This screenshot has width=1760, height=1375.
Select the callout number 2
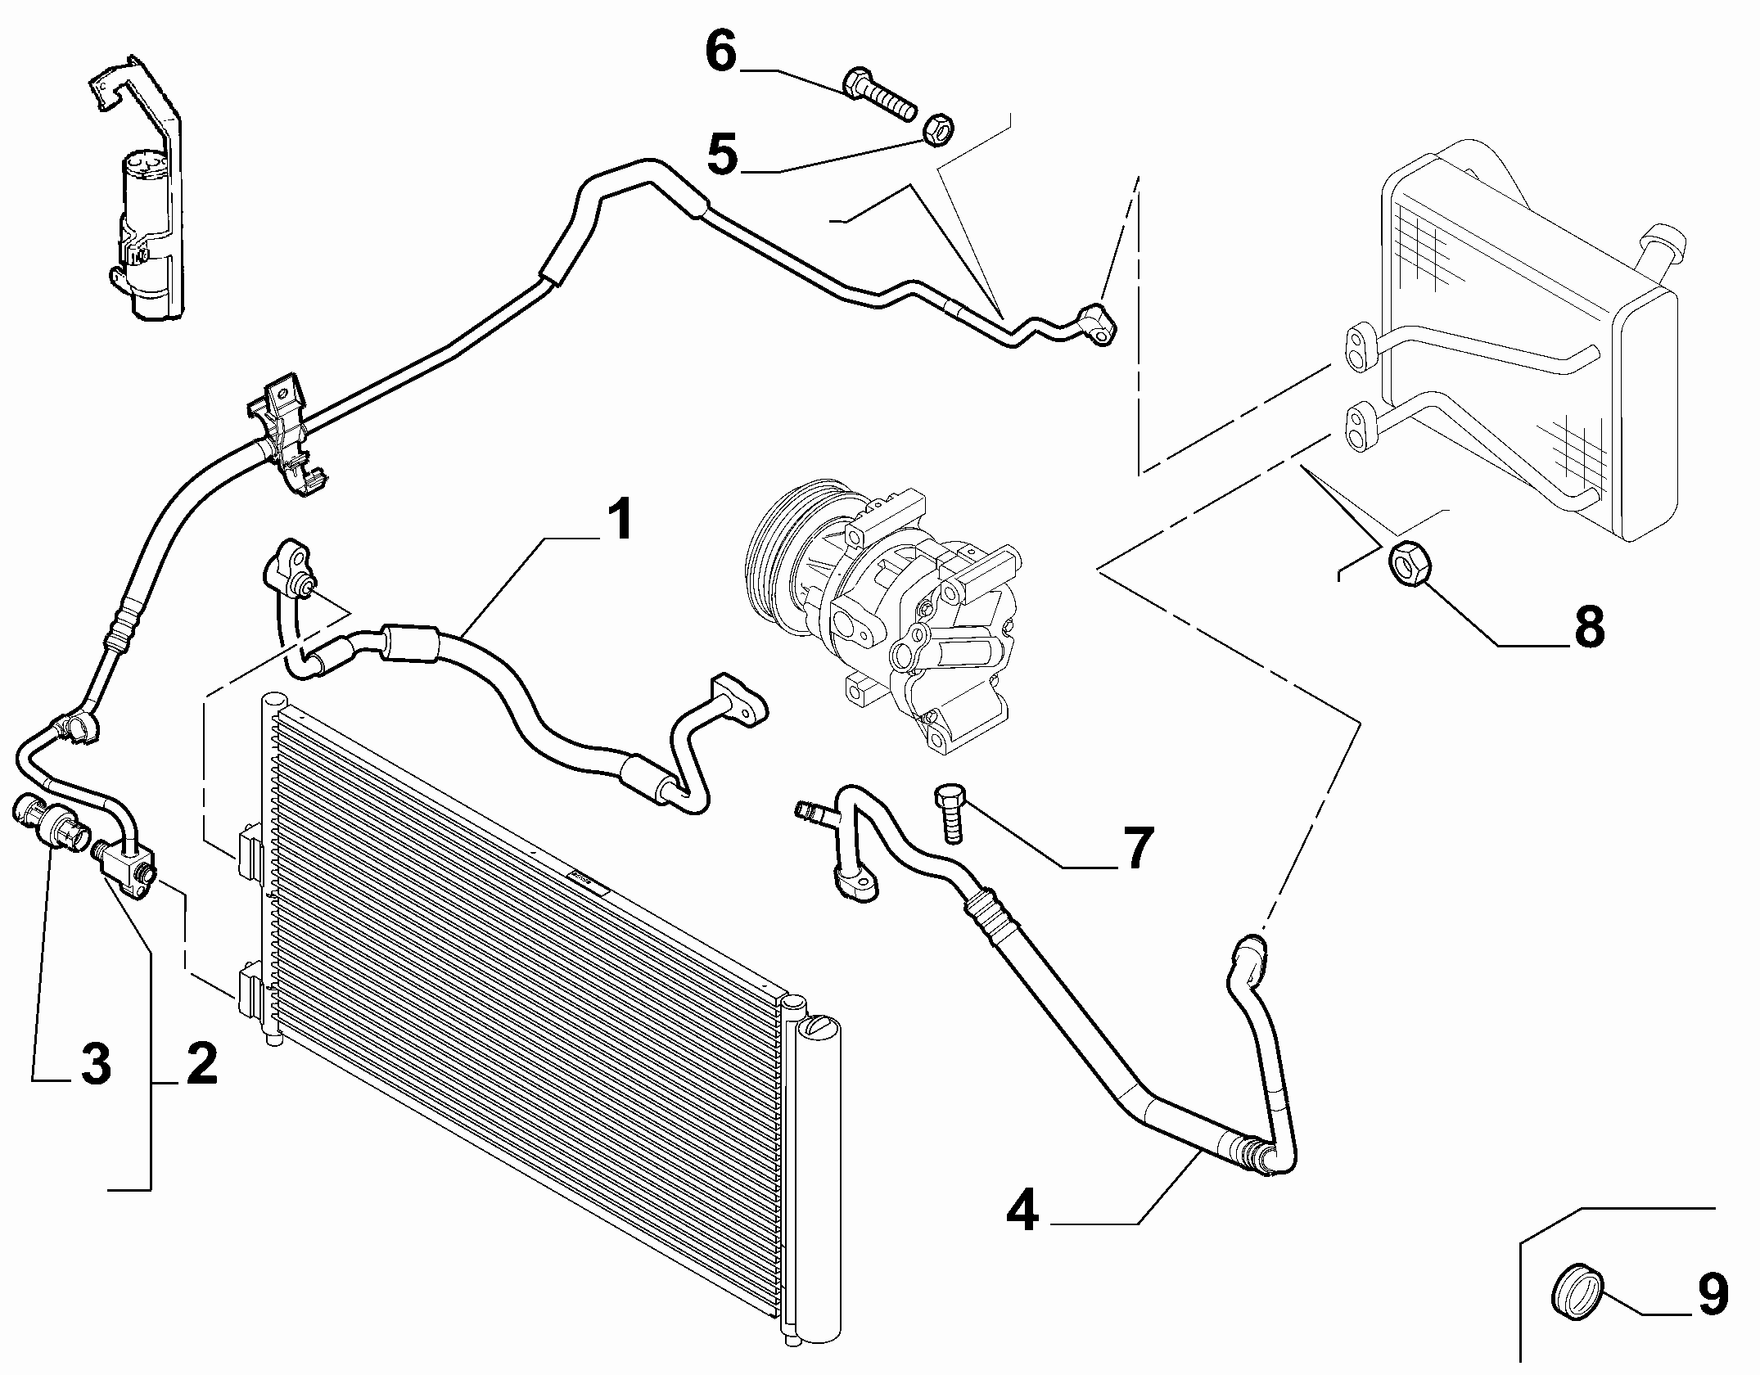pos(201,1064)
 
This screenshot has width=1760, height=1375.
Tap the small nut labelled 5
pos(936,128)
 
